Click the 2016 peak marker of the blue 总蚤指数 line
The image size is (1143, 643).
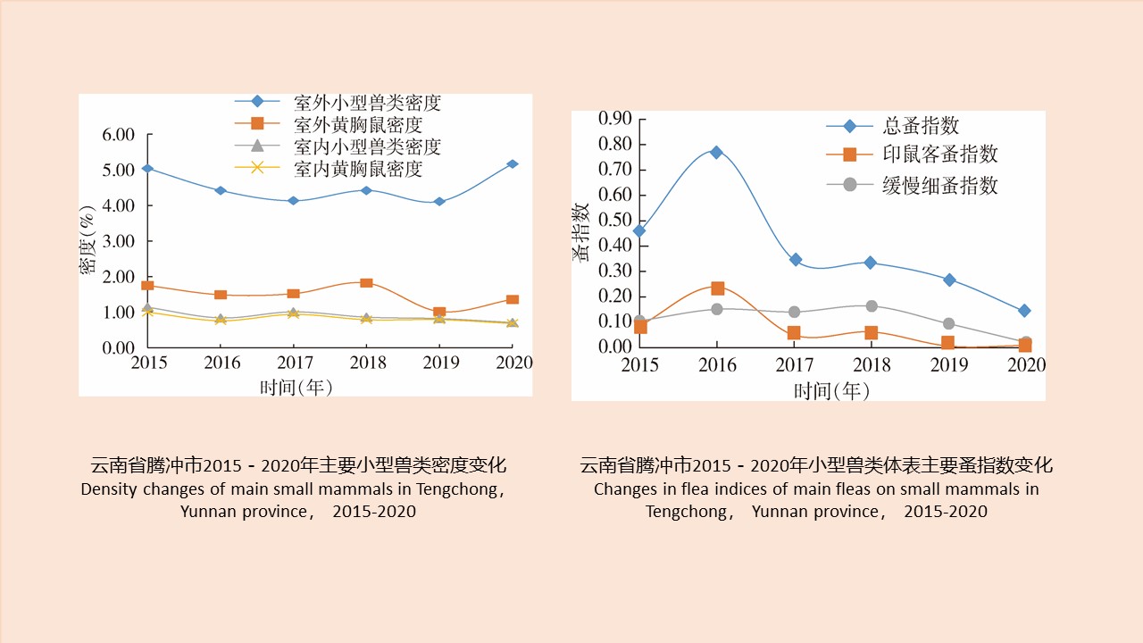click(716, 152)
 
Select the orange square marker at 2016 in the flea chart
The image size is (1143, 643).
click(717, 288)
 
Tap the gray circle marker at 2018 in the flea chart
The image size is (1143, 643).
click(872, 306)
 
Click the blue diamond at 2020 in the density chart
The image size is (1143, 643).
click(513, 164)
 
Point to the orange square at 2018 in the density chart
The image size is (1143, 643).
click(366, 283)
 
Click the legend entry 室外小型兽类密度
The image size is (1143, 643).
click(367, 103)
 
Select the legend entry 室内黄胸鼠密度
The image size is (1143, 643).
click(357, 168)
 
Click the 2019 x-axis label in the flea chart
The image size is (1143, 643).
click(949, 365)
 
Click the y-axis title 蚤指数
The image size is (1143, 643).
click(581, 232)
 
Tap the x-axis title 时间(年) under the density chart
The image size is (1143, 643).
click(296, 387)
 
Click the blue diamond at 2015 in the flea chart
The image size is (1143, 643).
click(639, 230)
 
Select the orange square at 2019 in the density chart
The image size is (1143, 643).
click(439, 313)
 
